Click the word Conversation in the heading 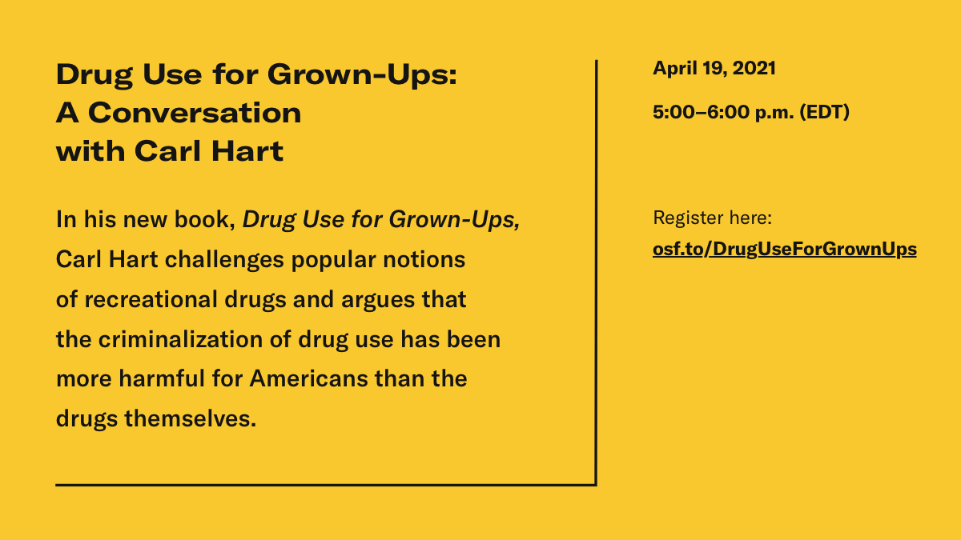tap(195, 113)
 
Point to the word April tap(674, 69)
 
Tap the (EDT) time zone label tap(825, 113)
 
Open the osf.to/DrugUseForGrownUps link tap(784, 250)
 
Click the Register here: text tap(712, 218)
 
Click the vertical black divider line tap(596, 272)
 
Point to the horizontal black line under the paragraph tap(320, 484)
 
